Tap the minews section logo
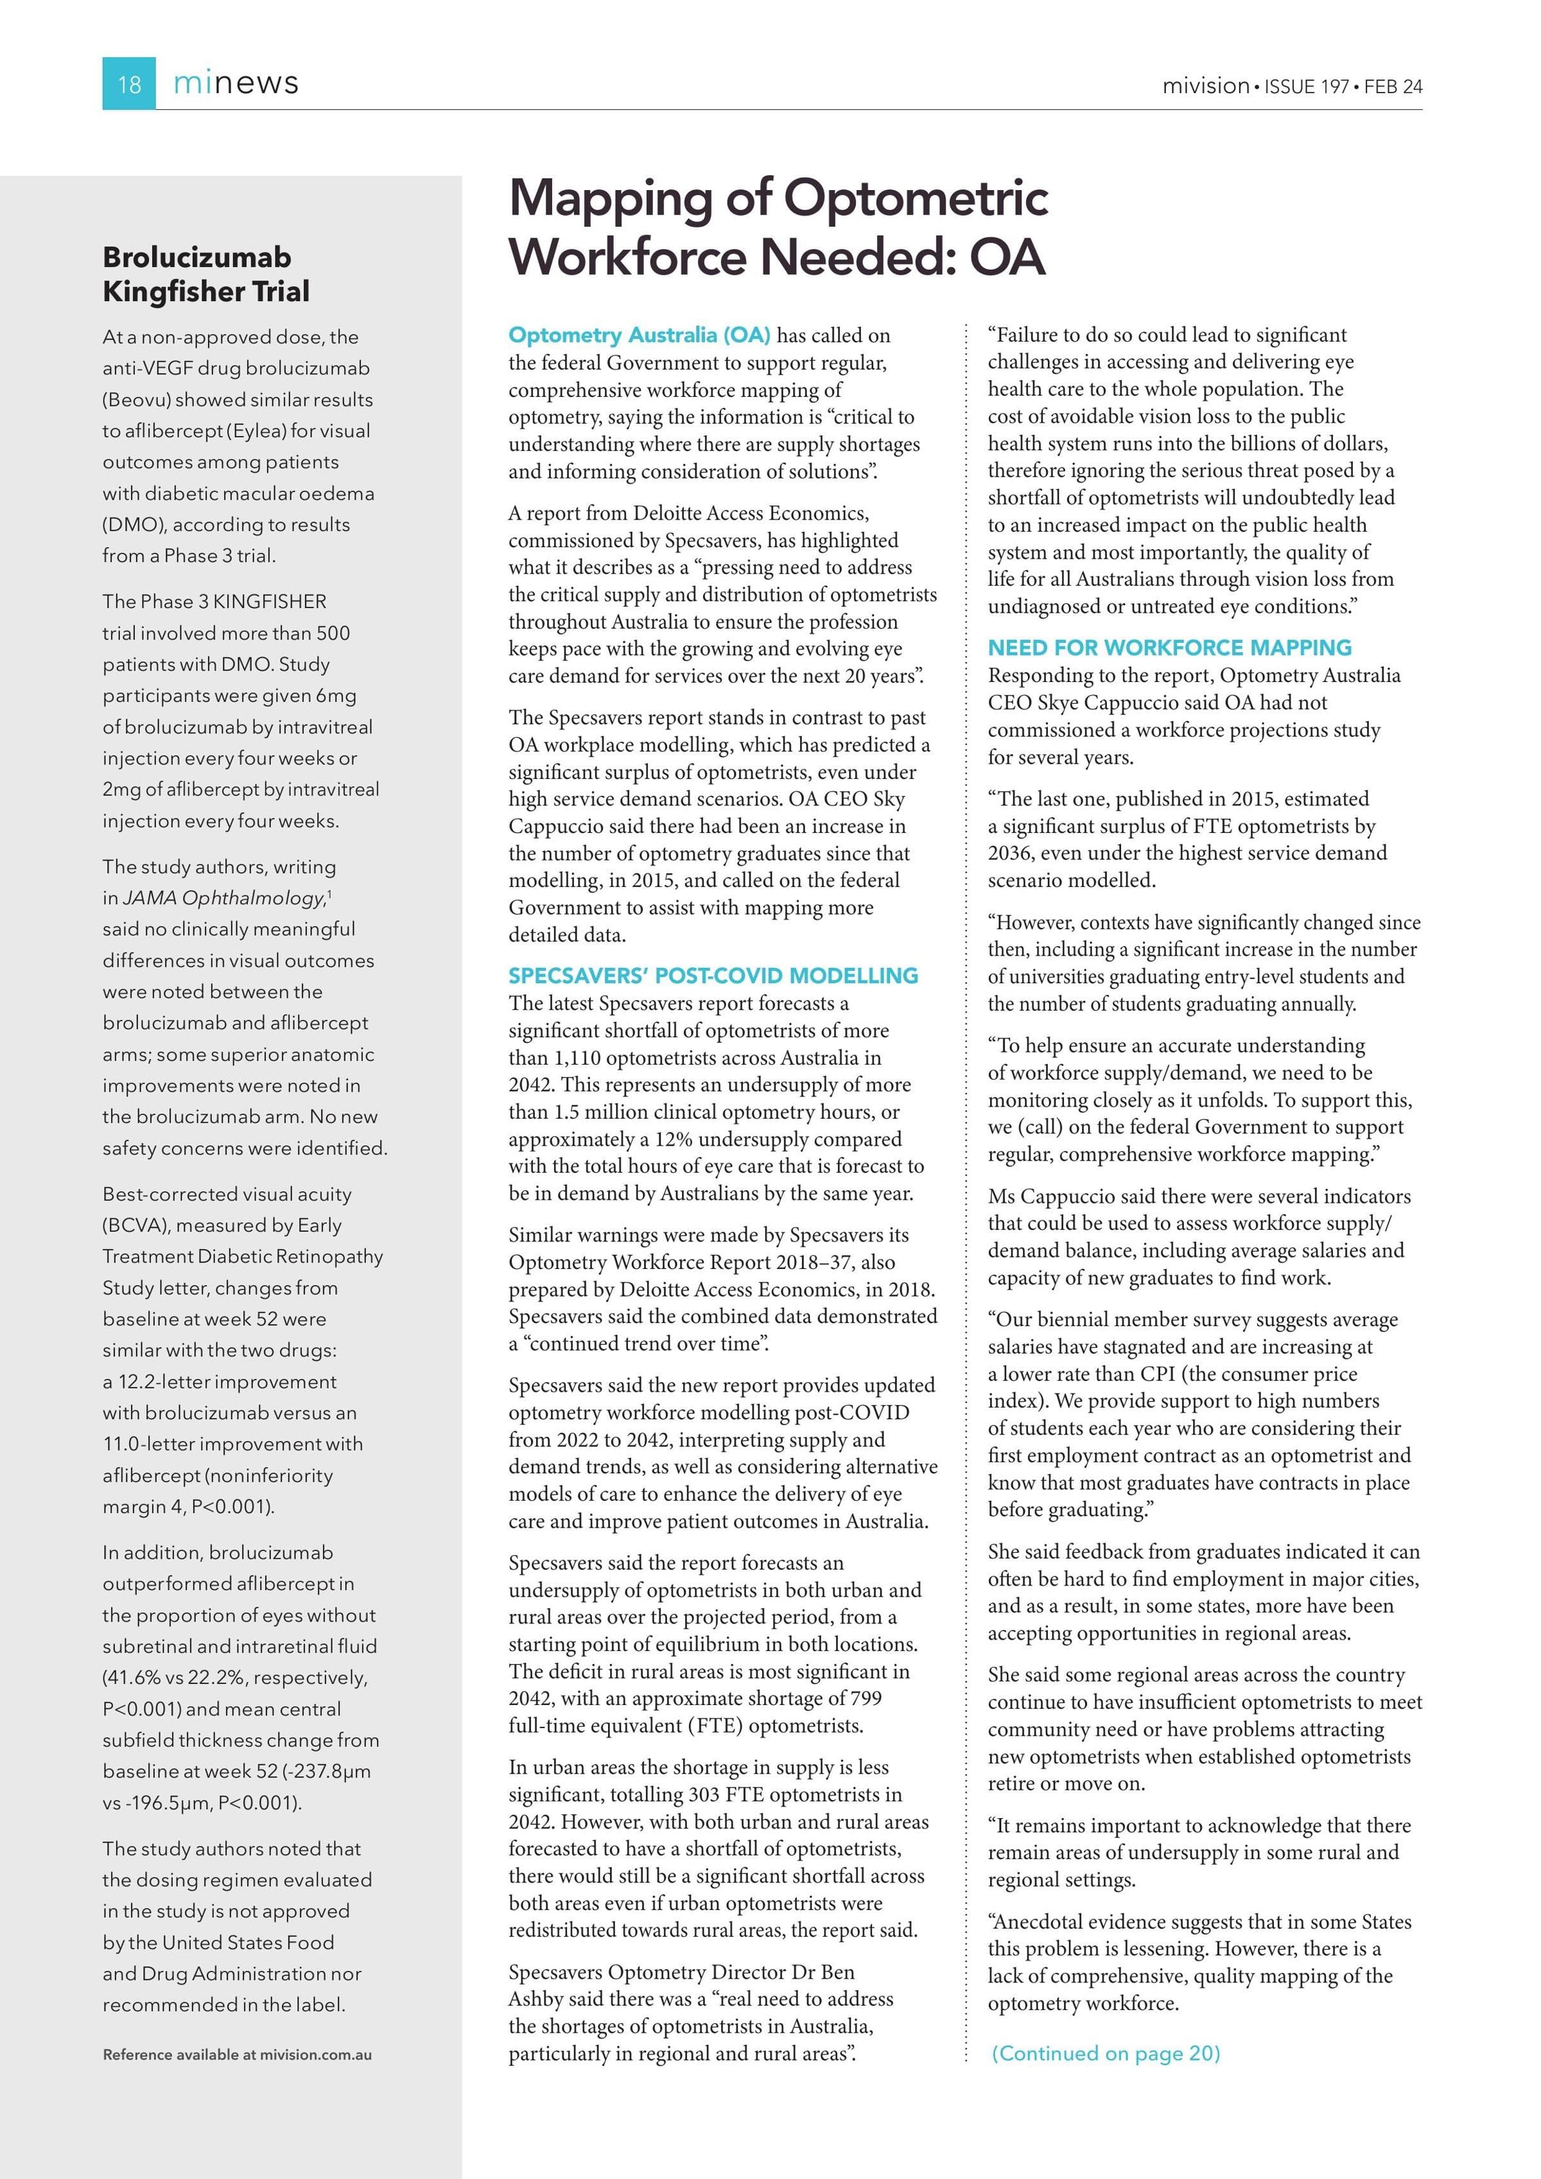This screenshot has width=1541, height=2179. (x=236, y=83)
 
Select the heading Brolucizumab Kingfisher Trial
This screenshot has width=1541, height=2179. (x=206, y=274)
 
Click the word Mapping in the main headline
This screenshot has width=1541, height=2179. (x=610, y=198)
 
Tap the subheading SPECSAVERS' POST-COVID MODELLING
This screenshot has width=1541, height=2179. (x=713, y=976)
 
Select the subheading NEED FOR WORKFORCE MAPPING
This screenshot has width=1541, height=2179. (x=1169, y=648)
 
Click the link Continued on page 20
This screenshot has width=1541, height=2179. (x=1106, y=2052)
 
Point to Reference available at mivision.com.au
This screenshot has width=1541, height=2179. (x=237, y=2054)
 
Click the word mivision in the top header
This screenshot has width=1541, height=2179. (x=1205, y=86)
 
